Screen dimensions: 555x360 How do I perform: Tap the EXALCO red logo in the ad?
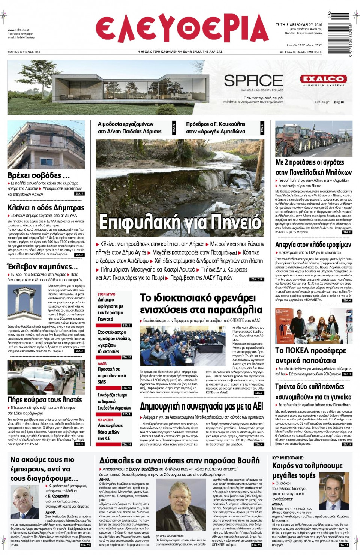click(323, 79)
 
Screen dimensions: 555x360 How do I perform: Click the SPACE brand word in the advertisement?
click(253, 81)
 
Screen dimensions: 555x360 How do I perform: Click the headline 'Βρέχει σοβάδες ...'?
click(39, 175)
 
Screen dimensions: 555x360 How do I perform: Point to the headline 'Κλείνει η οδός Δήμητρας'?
click(46, 207)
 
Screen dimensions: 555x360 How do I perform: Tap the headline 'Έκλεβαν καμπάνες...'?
click(42, 267)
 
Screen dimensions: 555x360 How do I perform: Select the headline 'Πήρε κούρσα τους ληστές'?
click(45, 399)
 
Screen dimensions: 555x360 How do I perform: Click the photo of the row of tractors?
click(314, 138)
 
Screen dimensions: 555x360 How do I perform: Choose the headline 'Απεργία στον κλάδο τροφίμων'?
click(313, 244)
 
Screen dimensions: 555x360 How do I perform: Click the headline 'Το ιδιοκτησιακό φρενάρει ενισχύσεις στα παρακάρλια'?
click(201, 304)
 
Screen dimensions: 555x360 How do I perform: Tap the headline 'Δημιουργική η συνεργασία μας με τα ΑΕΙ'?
click(201, 406)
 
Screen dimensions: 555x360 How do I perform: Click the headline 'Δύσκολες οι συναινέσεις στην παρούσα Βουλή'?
click(179, 460)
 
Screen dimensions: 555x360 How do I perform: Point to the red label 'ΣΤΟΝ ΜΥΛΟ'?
click(106, 294)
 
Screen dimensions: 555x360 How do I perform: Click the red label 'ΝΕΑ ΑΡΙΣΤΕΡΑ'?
click(105, 420)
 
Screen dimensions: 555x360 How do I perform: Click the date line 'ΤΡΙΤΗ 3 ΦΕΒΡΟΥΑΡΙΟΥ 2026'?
click(299, 25)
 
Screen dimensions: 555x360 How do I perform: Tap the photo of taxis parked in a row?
click(46, 377)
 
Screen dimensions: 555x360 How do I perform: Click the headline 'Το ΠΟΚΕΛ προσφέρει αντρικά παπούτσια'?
click(311, 355)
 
